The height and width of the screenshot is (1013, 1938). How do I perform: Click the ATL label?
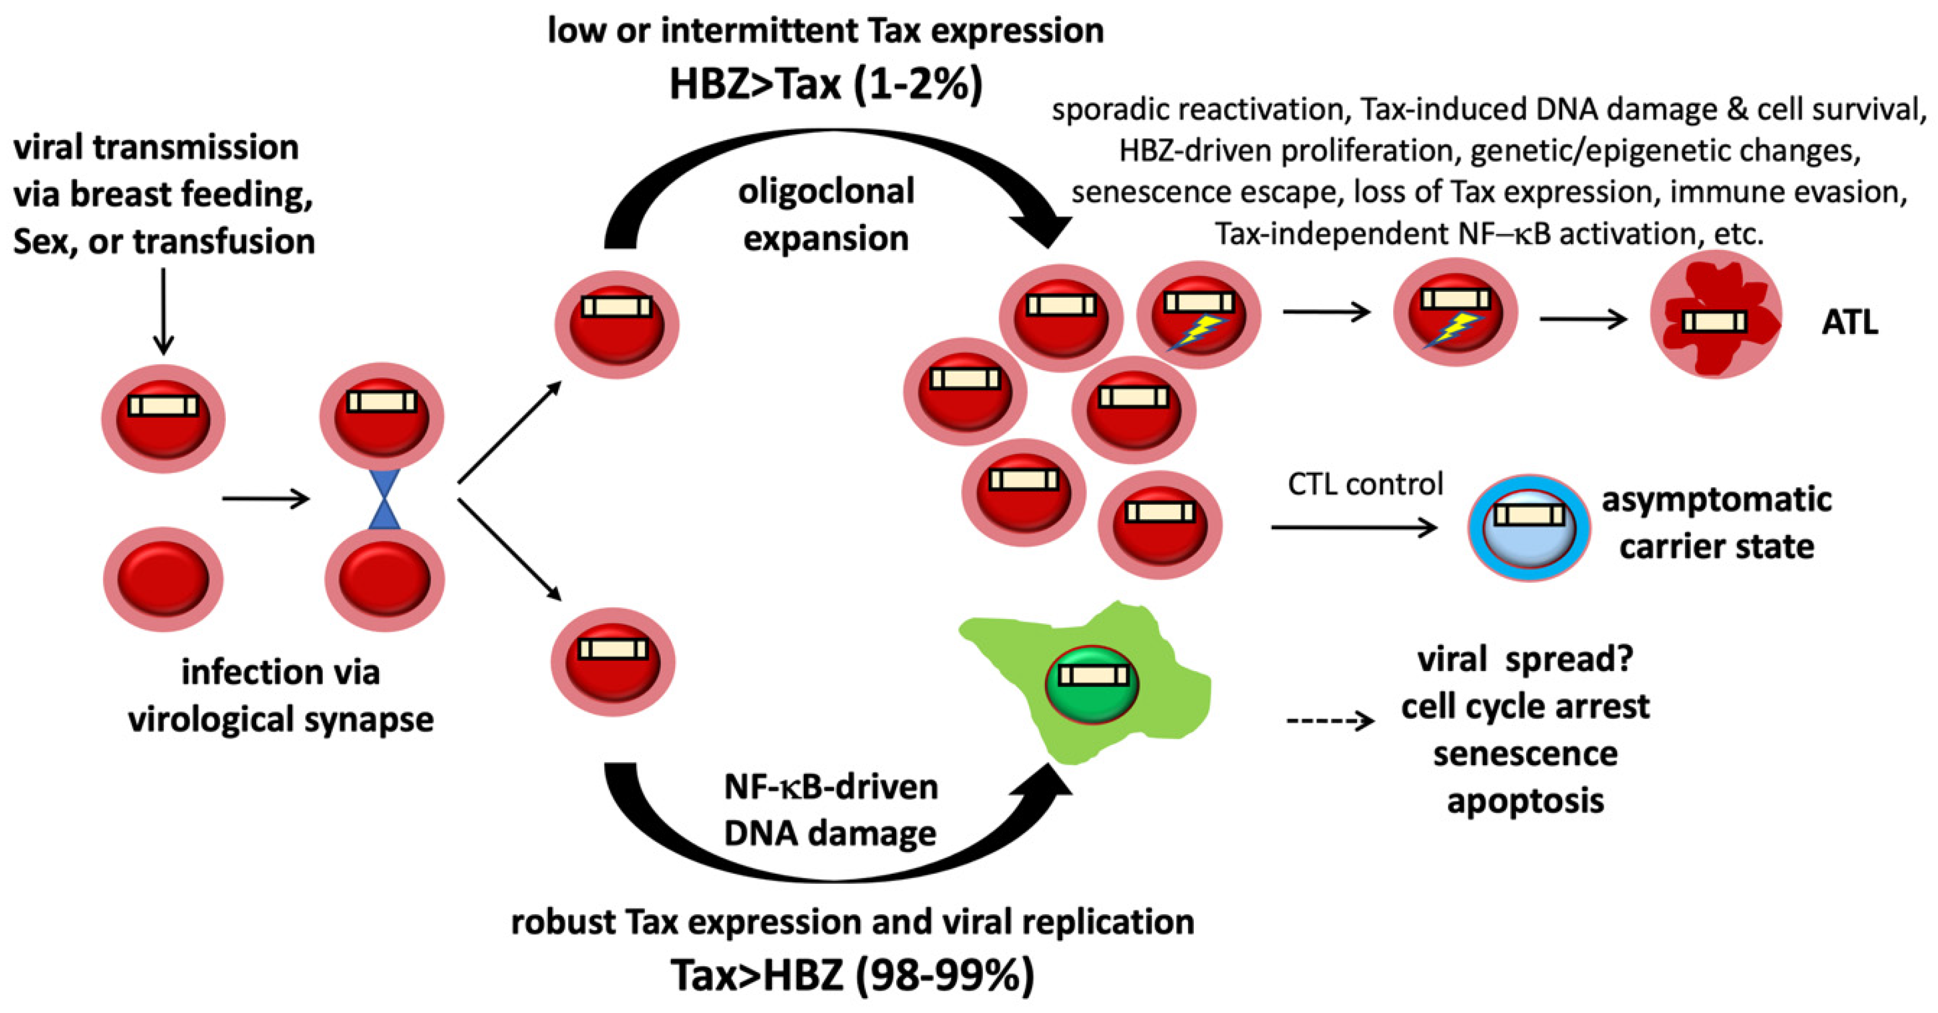tap(1849, 323)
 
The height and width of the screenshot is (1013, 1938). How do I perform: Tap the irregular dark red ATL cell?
tap(1715, 316)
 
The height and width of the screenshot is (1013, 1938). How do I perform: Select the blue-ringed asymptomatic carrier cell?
tap(1528, 527)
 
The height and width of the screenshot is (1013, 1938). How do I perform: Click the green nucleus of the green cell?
tap(1092, 685)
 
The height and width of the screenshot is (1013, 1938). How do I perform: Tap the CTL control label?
tap(1364, 484)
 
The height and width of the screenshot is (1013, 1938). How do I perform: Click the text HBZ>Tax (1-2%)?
tap(825, 85)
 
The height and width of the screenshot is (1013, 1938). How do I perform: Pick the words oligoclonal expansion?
tap(825, 214)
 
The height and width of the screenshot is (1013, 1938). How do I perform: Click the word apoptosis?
tap(1525, 801)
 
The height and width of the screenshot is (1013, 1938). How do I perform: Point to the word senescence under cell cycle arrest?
tap(1525, 754)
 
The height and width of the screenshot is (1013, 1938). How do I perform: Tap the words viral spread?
tap(1525, 659)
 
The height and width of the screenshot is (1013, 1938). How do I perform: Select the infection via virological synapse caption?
tap(281, 696)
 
